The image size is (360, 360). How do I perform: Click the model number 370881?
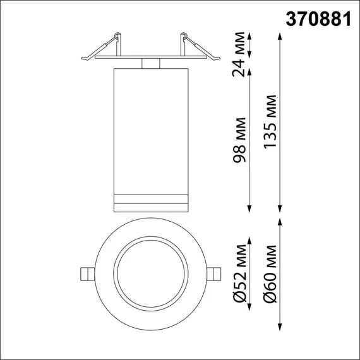(x=318, y=20)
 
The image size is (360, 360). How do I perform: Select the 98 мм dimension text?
(x=239, y=140)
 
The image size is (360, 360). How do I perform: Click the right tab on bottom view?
(x=216, y=273)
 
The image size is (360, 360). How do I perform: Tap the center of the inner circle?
(x=150, y=273)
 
